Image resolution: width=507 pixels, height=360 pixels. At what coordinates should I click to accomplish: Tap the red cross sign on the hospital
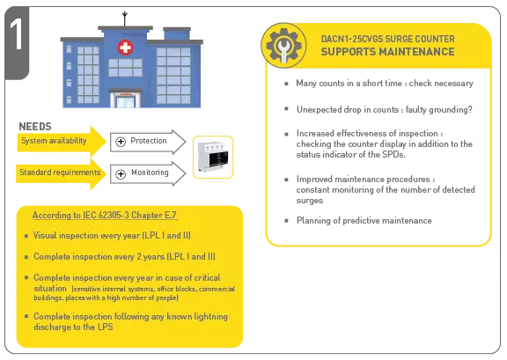pos(125,48)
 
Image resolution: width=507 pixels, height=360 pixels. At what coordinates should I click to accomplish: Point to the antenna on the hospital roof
pos(125,18)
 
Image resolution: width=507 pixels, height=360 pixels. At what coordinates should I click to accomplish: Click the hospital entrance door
pos(125,100)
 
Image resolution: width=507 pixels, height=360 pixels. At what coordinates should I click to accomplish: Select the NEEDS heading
pos(35,127)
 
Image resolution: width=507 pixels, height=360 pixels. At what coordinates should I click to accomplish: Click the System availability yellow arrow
pos(62,142)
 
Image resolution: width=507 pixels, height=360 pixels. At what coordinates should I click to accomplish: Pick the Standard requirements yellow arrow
pos(61,173)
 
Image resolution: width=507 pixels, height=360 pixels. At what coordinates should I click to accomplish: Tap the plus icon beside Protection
pos(121,142)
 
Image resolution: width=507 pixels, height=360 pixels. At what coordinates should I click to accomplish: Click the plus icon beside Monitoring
pos(121,174)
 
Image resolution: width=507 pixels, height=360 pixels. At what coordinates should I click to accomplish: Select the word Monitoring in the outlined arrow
pos(150,173)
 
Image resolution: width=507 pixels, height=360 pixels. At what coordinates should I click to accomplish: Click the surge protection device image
pos(213,158)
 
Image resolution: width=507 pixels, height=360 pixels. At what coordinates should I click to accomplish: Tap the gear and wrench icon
pos(283,45)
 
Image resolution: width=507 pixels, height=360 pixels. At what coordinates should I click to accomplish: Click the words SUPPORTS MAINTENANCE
pos(387,52)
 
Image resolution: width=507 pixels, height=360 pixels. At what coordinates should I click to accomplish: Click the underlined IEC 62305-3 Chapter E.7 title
pos(105,216)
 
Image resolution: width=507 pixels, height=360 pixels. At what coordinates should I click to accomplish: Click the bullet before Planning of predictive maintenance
pos(286,221)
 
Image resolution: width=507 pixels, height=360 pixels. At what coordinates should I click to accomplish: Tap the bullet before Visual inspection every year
pos(26,236)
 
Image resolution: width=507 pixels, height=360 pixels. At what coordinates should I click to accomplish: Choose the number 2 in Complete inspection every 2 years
pos(139,256)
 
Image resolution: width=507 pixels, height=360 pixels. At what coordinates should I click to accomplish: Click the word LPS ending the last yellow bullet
pos(106,327)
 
